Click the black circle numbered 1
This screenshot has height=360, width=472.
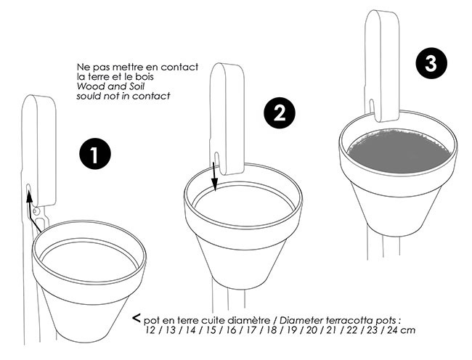(x=95, y=154)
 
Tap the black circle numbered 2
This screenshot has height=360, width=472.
(x=280, y=112)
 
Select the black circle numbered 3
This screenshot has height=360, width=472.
(x=431, y=63)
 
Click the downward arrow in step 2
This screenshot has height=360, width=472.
(x=214, y=176)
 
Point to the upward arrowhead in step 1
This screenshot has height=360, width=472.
(x=29, y=197)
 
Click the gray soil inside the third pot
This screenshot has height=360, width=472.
(x=399, y=151)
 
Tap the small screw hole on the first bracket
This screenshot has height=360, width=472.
(x=36, y=211)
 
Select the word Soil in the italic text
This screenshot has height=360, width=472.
(x=137, y=86)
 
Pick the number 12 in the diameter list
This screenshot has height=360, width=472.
(x=150, y=330)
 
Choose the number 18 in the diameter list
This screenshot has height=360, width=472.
(x=272, y=330)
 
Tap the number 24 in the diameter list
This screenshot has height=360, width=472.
(x=393, y=330)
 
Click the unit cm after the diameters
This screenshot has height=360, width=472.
(x=408, y=331)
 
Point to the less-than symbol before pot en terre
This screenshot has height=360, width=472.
(x=137, y=318)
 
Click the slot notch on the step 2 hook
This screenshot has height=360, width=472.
(x=216, y=158)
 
